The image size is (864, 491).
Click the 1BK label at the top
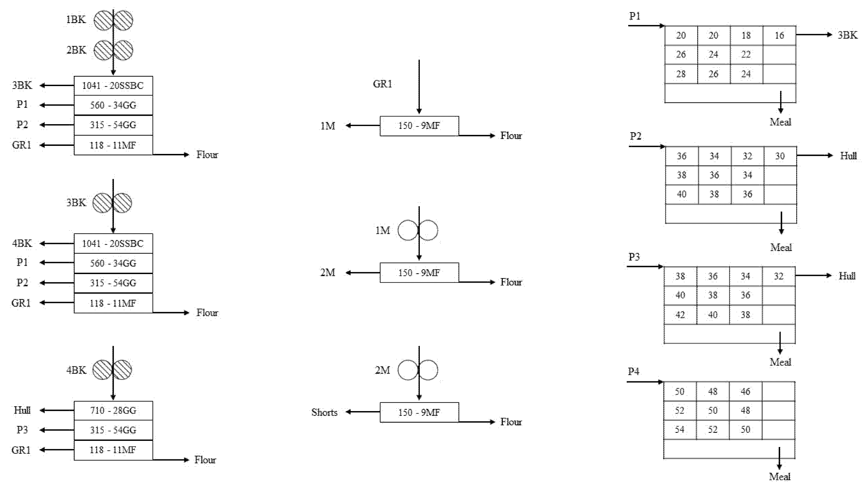[76, 20]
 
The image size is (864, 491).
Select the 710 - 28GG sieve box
[113, 410]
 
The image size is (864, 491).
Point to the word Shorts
[324, 412]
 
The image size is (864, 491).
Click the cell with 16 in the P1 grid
[779, 35]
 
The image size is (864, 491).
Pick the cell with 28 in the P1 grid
[681, 74]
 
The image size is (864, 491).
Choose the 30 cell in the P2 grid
[780, 156]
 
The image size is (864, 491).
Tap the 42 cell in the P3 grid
[680, 315]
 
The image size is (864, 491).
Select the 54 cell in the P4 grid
[679, 430]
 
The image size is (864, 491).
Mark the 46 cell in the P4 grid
[745, 392]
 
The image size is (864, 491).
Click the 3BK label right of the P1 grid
[847, 35]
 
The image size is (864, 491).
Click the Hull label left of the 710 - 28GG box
[22, 410]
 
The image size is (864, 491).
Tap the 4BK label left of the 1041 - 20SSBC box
[22, 243]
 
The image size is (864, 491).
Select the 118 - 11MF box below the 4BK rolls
[113, 450]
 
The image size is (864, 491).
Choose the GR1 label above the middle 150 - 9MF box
[383, 84]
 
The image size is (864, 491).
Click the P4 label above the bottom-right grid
[633, 372]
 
